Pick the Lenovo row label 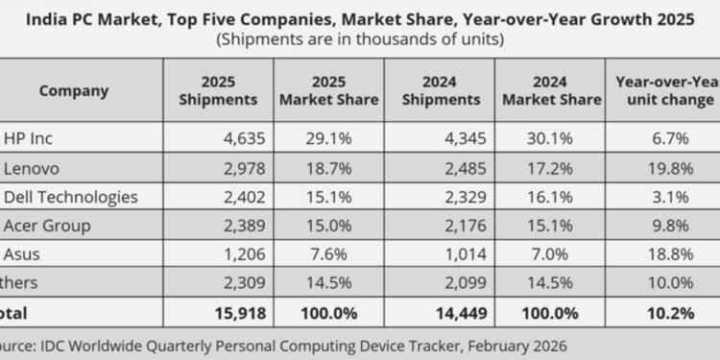click(x=34, y=169)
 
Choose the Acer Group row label click(x=48, y=227)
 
